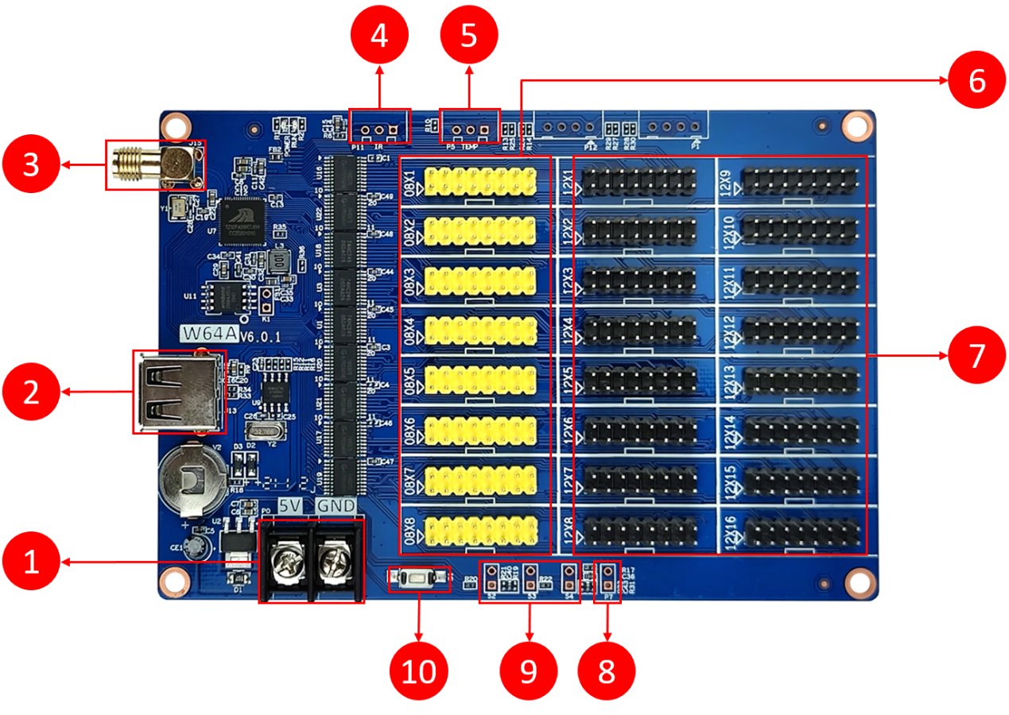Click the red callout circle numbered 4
(379, 35)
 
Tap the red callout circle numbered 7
(977, 355)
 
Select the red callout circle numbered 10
(419, 671)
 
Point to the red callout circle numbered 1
(31, 562)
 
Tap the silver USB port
(177, 392)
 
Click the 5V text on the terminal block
(289, 506)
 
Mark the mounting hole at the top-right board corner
(857, 125)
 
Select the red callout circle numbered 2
(31, 391)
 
